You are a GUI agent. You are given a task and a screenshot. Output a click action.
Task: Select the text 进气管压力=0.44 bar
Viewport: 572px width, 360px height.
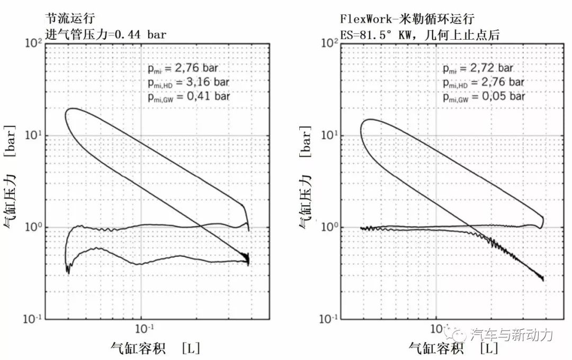pyautogui.click(x=106, y=35)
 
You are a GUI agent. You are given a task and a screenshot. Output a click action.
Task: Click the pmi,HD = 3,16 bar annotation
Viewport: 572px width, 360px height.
pyautogui.click(x=188, y=83)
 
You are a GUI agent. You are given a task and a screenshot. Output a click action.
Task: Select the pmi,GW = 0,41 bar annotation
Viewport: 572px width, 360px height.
pyautogui.click(x=188, y=96)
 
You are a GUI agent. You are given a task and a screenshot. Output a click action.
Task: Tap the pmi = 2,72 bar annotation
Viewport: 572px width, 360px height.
pyautogui.click(x=478, y=69)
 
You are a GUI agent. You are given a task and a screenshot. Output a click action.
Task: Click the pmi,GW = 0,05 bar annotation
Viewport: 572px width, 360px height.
pyautogui.click(x=484, y=96)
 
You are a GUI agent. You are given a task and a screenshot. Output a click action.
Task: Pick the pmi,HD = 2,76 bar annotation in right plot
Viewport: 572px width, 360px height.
pyautogui.click(x=484, y=82)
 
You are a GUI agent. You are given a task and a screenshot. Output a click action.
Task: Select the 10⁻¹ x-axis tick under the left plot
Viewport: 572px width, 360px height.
pyautogui.click(x=141, y=328)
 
